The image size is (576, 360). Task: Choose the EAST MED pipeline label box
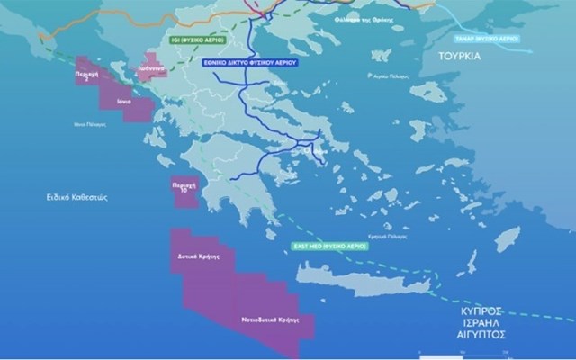point(328,245)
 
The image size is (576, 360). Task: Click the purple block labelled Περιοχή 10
point(183,191)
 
